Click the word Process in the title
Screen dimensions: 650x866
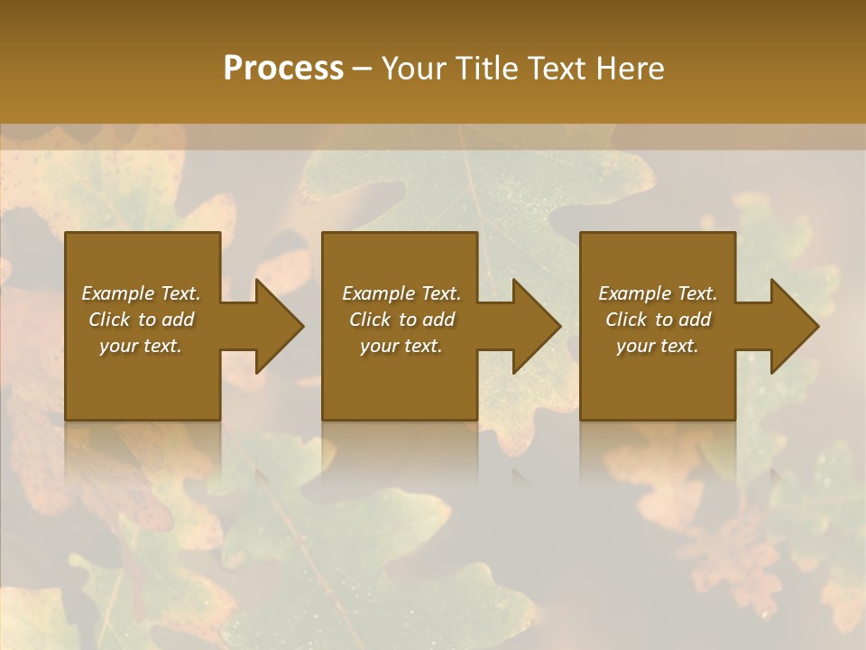coord(283,69)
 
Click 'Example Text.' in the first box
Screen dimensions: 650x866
coord(141,293)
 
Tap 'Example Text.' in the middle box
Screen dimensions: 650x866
coord(401,293)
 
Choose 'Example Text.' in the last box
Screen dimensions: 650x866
coord(658,293)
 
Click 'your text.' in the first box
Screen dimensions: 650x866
coord(141,346)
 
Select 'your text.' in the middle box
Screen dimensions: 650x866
coord(401,346)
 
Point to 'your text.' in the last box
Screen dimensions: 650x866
coord(658,346)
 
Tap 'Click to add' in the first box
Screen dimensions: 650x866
coord(141,320)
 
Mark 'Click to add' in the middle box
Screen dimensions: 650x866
coord(401,320)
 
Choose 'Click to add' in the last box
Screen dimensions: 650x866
coord(658,320)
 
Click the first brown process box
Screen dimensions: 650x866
coord(143,388)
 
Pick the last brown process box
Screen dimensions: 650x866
coord(658,388)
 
